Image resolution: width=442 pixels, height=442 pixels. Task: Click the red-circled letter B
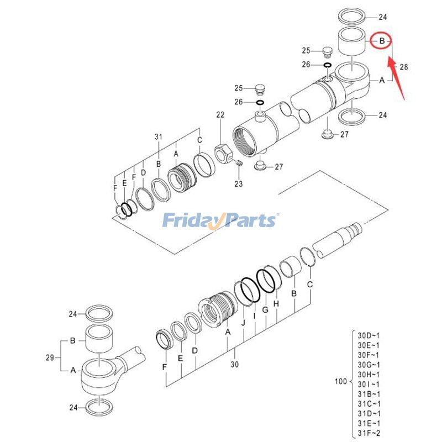pos(381,41)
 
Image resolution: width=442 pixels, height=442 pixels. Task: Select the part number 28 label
pos(404,67)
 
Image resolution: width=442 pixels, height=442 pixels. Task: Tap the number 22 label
pos(220,115)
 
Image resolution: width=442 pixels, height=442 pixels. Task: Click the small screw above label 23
pos(238,163)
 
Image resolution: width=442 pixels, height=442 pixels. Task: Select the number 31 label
pos(159,136)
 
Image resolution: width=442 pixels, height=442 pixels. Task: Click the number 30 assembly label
pos(234,365)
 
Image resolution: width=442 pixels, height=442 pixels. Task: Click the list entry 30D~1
pos(369,335)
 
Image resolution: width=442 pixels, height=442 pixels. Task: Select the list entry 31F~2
pos(369,433)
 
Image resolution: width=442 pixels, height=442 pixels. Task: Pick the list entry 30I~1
pos(369,384)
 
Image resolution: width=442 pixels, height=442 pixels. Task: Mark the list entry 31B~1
pos(369,394)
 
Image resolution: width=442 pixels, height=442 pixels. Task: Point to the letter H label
pos(276,303)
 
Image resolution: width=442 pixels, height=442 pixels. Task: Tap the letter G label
pos(265,310)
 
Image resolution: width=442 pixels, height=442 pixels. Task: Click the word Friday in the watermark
pos(192,221)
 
